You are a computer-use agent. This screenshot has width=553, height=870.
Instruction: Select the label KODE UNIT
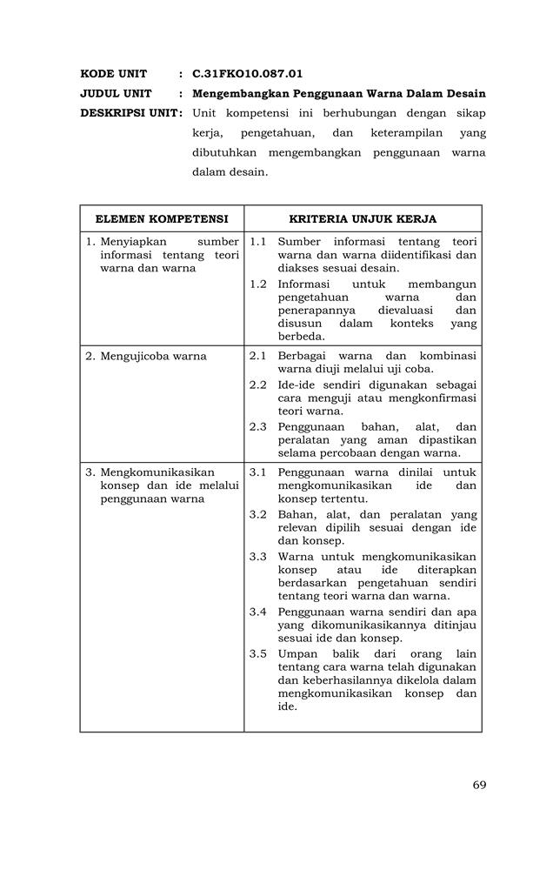click(114, 74)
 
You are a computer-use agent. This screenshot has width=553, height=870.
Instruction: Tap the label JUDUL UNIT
click(117, 93)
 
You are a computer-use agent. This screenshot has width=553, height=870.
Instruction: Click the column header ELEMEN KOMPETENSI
click(162, 218)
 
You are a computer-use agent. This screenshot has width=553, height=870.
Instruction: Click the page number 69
click(479, 785)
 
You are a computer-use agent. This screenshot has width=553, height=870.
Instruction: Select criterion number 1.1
click(257, 241)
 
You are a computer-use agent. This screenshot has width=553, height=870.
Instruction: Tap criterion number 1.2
click(257, 284)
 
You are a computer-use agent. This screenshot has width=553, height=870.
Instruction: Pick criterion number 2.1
click(257, 356)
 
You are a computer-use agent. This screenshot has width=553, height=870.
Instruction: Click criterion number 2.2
click(257, 385)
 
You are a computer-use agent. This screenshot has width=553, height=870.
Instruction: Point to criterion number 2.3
click(257, 426)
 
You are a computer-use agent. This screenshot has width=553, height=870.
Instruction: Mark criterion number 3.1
click(257, 472)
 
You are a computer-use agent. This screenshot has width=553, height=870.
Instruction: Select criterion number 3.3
click(257, 556)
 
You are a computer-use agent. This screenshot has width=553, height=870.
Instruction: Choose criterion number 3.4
click(257, 612)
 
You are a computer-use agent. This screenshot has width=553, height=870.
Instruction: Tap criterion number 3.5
click(257, 653)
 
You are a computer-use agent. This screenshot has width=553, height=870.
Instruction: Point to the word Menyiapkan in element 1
click(133, 241)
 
